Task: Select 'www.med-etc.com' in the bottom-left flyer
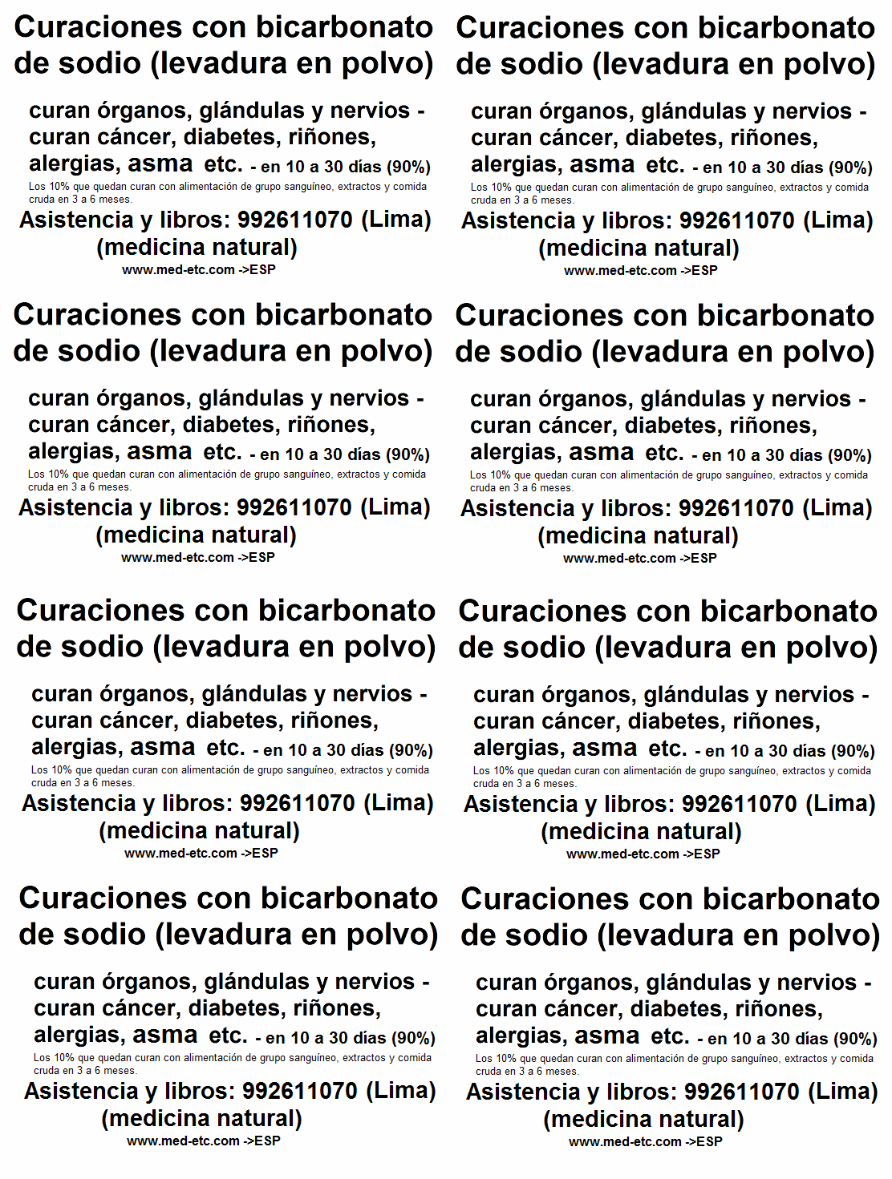(183, 1141)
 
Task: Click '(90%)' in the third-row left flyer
(411, 751)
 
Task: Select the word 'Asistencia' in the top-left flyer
(76, 220)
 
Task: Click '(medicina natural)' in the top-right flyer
(639, 248)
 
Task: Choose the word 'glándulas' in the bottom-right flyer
(698, 983)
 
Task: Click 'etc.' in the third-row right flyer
(667, 749)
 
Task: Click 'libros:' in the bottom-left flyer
(200, 1091)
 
